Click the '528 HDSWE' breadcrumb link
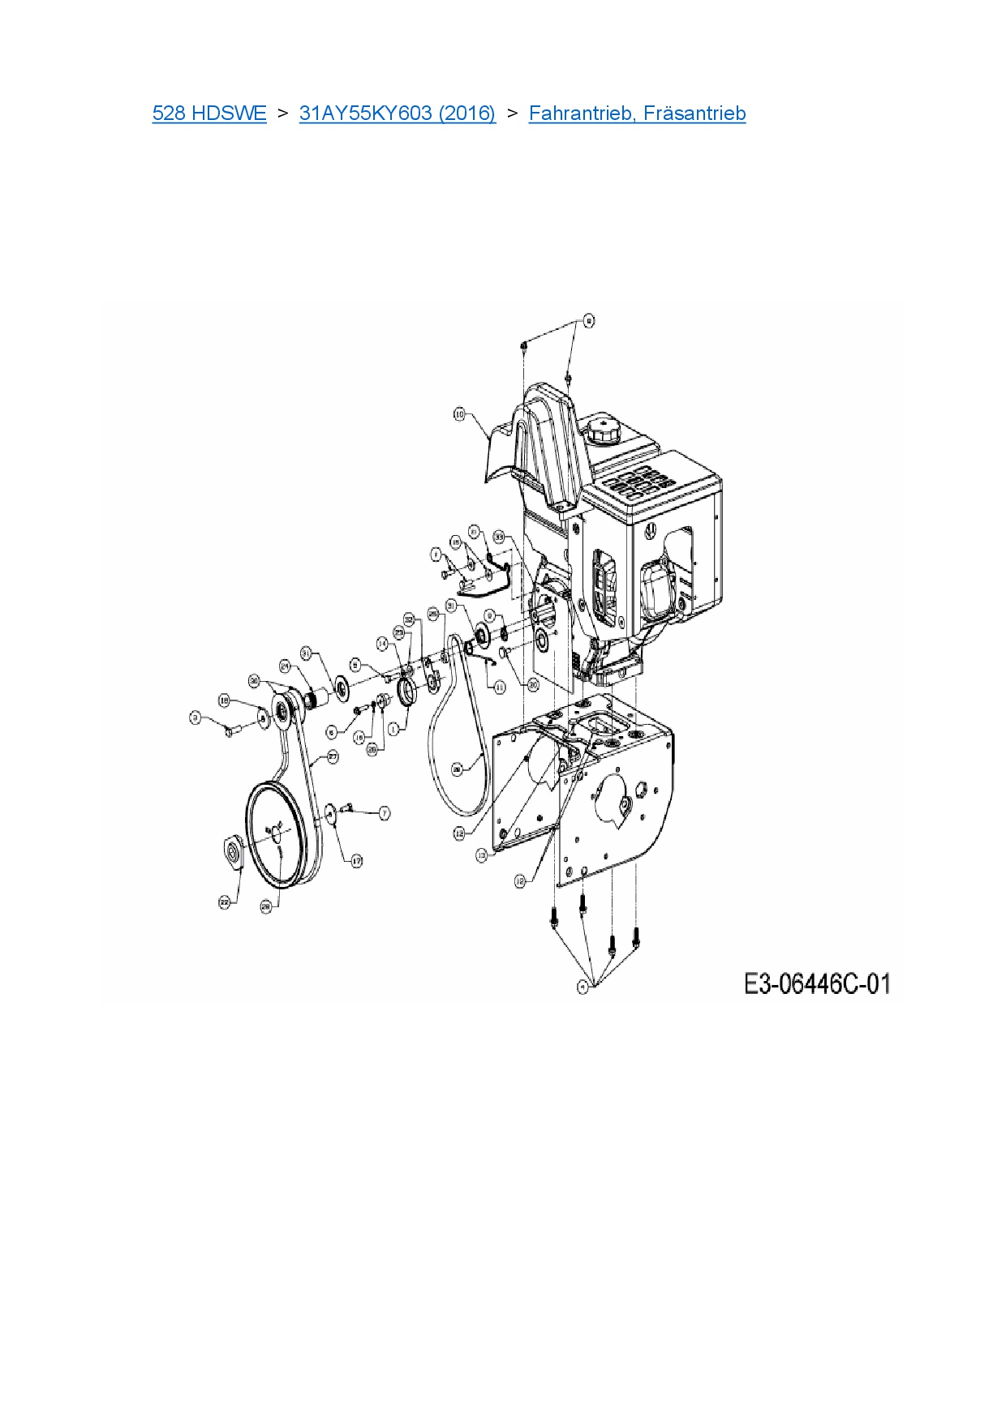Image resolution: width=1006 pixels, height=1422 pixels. (209, 114)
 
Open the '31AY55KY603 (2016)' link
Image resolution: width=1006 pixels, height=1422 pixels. (398, 114)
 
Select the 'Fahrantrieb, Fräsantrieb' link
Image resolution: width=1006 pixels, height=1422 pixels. (637, 114)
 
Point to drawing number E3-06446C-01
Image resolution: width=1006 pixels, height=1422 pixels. (817, 984)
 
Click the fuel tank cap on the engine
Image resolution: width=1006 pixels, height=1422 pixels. (604, 430)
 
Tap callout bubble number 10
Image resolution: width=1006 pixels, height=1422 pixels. (459, 414)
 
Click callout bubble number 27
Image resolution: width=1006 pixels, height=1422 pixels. (333, 756)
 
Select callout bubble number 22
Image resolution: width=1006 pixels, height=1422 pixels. (225, 902)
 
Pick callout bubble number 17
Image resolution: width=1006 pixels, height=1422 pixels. (356, 861)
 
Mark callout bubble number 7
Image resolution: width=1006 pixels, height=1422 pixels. (384, 812)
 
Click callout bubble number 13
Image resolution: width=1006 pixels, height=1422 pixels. (482, 854)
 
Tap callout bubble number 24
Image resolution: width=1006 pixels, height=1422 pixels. (285, 666)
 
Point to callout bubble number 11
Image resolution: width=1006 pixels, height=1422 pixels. (500, 687)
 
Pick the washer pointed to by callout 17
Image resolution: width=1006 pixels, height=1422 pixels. (331, 813)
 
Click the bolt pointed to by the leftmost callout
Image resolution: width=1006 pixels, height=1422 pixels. (228, 732)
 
